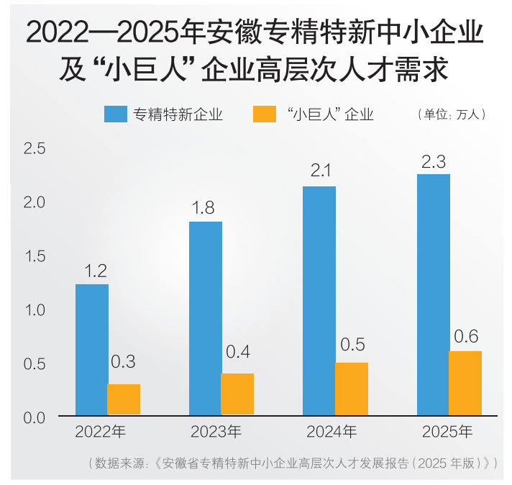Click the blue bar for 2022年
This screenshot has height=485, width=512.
(x=92, y=350)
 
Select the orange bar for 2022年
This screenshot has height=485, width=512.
(x=124, y=399)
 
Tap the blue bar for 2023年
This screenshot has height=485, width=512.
(x=206, y=318)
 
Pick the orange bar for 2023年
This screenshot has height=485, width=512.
(x=237, y=394)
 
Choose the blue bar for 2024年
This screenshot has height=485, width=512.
(x=319, y=301)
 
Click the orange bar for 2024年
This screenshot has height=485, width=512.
(x=352, y=389)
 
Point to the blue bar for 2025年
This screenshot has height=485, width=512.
(x=434, y=294)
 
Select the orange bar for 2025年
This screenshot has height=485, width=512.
(x=465, y=383)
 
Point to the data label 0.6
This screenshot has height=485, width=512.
(x=466, y=336)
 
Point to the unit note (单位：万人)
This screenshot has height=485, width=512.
(x=452, y=114)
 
